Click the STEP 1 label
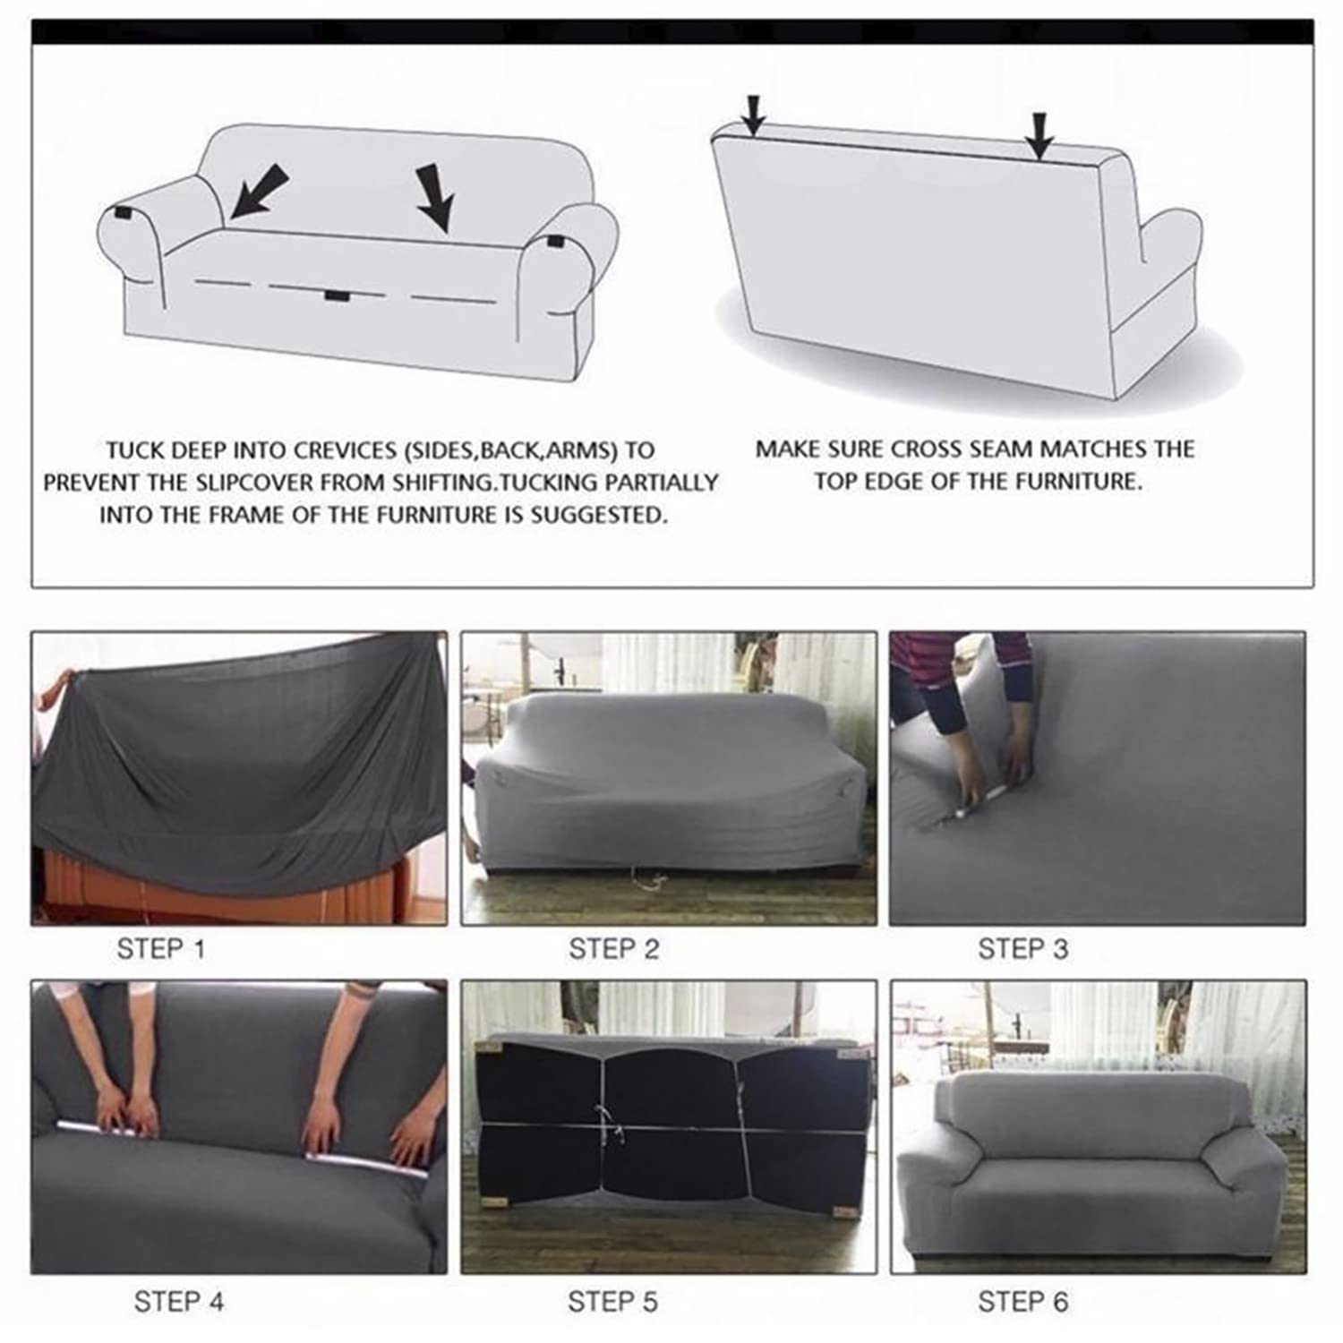tap(161, 949)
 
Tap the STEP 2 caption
tap(614, 949)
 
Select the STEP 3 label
tap(1023, 949)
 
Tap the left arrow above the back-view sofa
tap(755, 114)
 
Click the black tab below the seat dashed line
tap(338, 295)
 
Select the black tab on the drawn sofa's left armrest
tap(124, 216)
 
